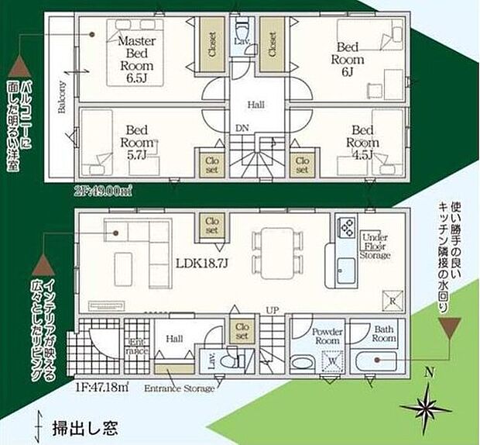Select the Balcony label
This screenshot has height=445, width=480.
point(61,97)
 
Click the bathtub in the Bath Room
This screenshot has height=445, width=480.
point(378,360)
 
